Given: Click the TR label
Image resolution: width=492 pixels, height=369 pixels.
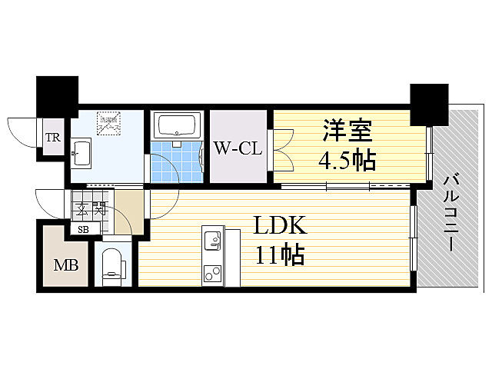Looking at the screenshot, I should [52, 138].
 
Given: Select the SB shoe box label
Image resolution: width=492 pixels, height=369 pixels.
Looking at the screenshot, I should [82, 228].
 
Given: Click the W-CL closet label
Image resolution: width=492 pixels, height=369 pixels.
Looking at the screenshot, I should [238, 147].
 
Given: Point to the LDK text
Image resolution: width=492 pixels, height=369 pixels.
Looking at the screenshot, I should [281, 227].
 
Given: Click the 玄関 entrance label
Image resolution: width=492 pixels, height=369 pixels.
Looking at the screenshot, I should [89, 208].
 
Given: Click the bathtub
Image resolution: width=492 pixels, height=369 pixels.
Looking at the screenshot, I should [178, 125].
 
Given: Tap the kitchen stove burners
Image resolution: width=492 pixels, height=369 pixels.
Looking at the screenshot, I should [211, 274].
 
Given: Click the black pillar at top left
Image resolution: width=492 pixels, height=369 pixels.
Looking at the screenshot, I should [57, 95].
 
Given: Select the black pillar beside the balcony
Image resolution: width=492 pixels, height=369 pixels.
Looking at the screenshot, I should [429, 104].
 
